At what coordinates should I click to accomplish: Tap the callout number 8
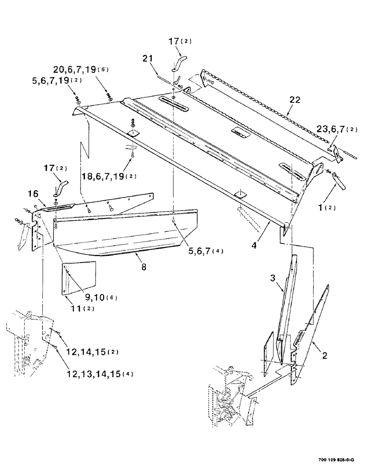(143, 267)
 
